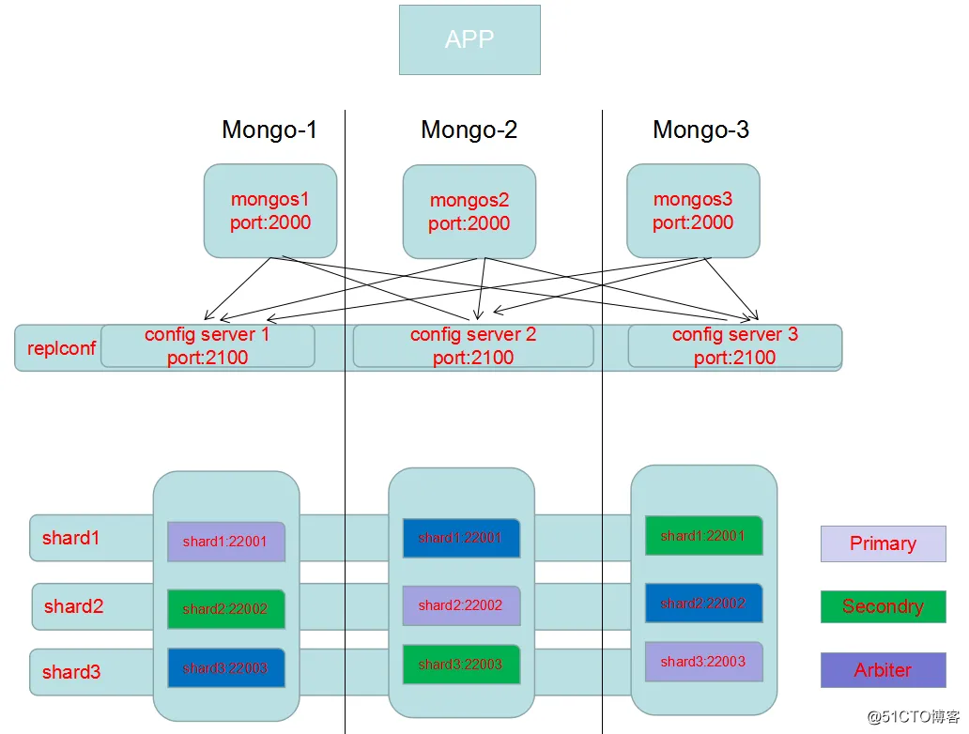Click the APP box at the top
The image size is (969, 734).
pos(469,39)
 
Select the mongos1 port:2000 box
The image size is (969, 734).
pos(270,211)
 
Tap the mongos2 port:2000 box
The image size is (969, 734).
pos(469,212)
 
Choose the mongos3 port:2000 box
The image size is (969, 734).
pos(693,211)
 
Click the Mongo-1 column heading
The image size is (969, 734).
pos(269,130)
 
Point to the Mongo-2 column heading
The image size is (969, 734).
pos(469,130)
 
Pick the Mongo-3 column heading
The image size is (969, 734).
pos(700,130)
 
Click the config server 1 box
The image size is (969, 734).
pos(208,346)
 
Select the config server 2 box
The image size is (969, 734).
pos(473,346)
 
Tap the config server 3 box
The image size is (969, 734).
pos(734,346)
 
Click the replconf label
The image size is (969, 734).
pos(61,348)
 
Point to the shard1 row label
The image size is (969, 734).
pos(70,539)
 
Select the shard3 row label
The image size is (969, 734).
pos(71,672)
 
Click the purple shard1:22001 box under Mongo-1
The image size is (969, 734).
pos(225,542)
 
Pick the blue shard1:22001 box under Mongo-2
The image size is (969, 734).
pos(460,538)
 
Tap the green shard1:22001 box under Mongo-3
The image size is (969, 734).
pos(703,536)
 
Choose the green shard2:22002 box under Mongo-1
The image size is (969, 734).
pos(225,609)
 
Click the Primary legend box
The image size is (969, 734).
pos(883,543)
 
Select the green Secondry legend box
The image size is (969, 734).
pos(883,606)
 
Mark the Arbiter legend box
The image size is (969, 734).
pos(883,670)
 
